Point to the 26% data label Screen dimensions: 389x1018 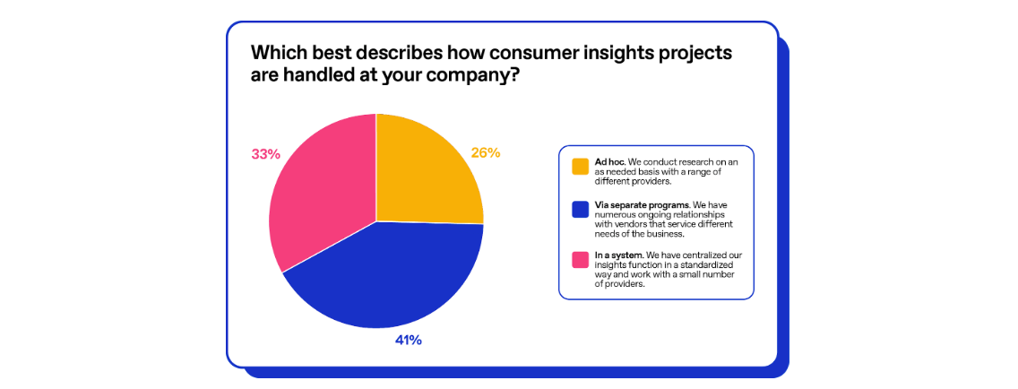click(x=485, y=153)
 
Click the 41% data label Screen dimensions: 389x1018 click(x=408, y=341)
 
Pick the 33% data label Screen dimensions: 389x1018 click(x=265, y=154)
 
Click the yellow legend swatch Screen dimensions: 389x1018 click(x=580, y=166)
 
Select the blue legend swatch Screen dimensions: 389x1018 click(x=580, y=210)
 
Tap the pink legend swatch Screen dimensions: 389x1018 click(x=580, y=260)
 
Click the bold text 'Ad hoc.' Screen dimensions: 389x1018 click(x=609, y=161)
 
